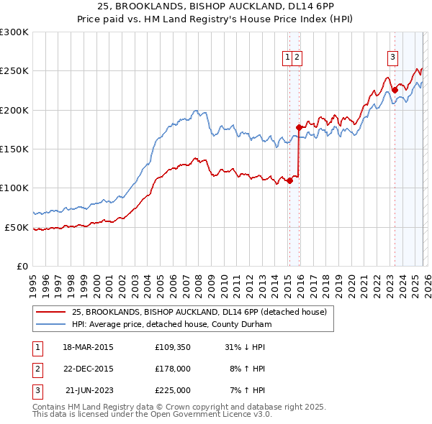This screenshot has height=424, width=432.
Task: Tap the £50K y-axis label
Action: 17,227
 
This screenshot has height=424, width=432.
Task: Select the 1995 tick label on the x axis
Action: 33,280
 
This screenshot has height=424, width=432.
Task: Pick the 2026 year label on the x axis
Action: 426,280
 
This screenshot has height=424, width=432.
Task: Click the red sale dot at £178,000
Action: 299,127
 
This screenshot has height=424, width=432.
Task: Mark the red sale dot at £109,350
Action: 289,180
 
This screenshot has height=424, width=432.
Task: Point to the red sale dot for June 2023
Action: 395,91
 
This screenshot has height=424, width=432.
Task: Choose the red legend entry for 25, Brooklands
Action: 199,312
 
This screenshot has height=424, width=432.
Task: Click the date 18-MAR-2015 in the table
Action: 88,347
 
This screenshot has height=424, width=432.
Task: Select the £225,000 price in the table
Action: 172,390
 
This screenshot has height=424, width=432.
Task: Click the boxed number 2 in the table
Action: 36,369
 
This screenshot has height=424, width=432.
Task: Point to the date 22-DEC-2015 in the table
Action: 88,369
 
